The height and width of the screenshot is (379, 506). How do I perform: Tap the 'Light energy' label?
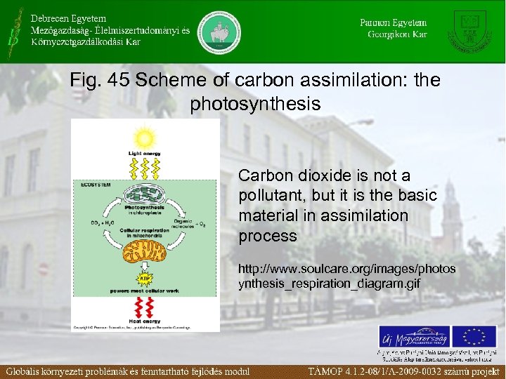[x=144, y=152]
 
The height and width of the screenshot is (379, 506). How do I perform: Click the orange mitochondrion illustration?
[x=145, y=250]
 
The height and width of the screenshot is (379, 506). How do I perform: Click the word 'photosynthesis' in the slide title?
[x=255, y=105]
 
